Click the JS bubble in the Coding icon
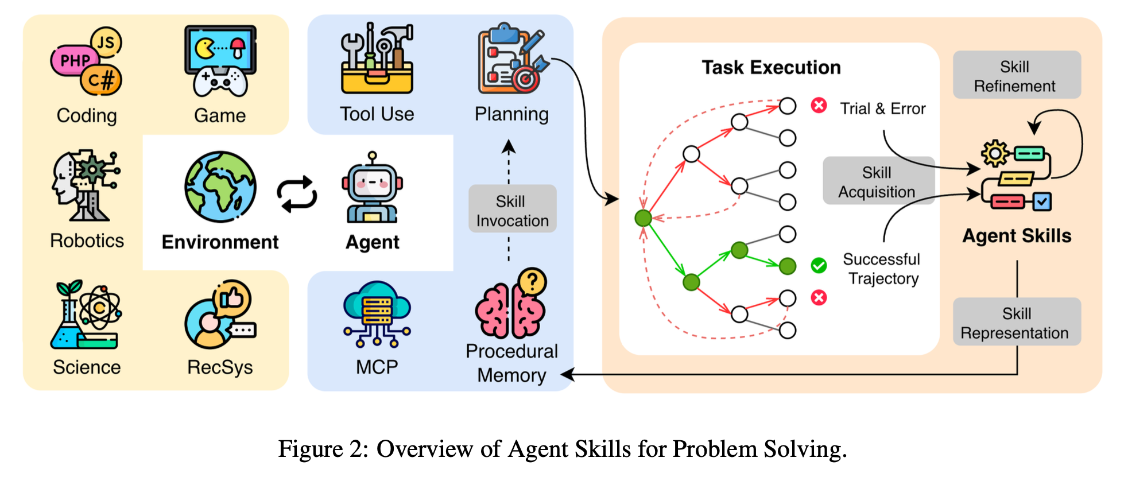tap(106, 42)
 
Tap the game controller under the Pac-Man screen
tap(220, 82)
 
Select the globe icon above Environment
tap(220, 187)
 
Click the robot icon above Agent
tap(372, 188)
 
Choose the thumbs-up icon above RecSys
tap(232, 298)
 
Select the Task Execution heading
tap(771, 67)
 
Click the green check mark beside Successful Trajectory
tap(819, 265)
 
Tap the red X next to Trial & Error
tap(819, 106)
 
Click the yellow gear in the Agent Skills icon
tap(994, 153)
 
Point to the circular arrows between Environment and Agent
tap(297, 194)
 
